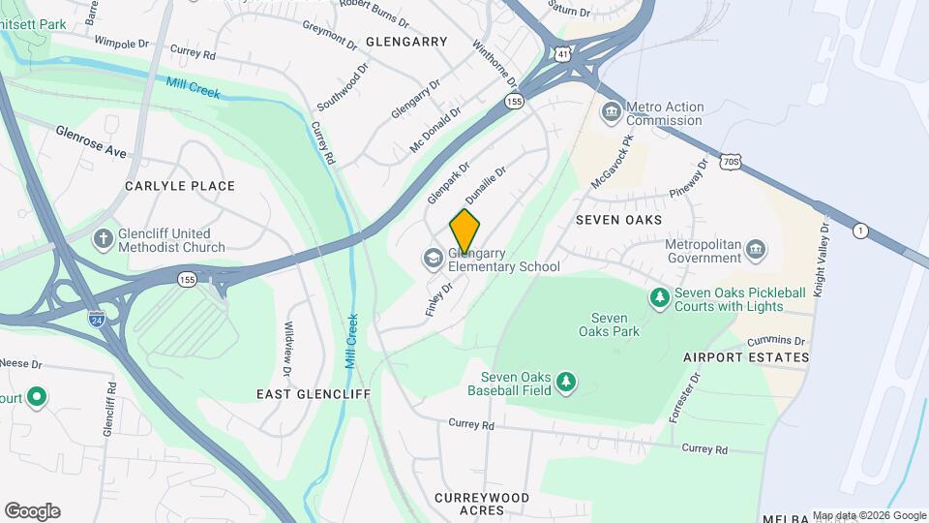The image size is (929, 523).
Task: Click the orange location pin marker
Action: pyautogui.click(x=464, y=231)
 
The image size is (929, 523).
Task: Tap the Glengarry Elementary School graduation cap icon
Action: pyautogui.click(x=432, y=259)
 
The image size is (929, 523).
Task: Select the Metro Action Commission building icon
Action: pyautogui.click(x=611, y=112)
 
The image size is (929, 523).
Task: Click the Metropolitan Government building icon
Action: pyautogui.click(x=758, y=251)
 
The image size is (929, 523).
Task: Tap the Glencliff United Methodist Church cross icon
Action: pyautogui.click(x=104, y=239)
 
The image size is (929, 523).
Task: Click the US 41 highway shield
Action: pyautogui.click(x=562, y=55)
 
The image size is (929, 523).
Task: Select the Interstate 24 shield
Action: pyautogui.click(x=96, y=318)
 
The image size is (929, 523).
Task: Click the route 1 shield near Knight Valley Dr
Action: pyautogui.click(x=859, y=230)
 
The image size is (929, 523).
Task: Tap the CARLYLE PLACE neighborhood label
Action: pyautogui.click(x=179, y=186)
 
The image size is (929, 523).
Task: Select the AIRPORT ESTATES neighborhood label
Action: pyautogui.click(x=745, y=357)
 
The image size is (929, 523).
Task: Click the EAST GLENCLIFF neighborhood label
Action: pyautogui.click(x=313, y=394)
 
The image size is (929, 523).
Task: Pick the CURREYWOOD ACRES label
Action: pyautogui.click(x=482, y=504)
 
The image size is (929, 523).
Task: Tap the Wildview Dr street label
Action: pyautogui.click(x=287, y=349)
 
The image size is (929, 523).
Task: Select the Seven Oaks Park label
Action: pyautogui.click(x=609, y=324)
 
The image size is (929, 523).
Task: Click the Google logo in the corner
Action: pyautogui.click(x=32, y=511)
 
